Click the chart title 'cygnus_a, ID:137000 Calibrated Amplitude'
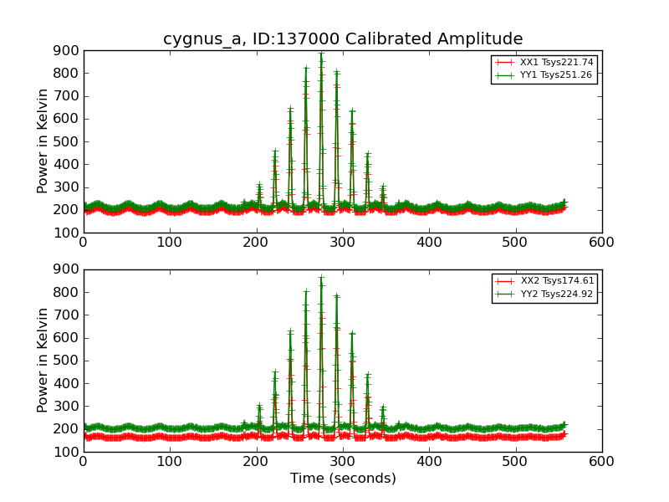(343, 39)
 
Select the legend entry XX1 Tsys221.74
(556, 62)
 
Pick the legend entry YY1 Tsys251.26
(556, 74)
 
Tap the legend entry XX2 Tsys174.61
(556, 281)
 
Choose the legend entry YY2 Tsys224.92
(556, 294)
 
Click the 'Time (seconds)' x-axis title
(343, 479)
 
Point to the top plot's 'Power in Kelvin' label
(43, 141)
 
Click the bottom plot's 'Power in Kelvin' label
(43, 360)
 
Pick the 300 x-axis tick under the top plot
(343, 243)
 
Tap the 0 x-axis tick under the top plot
(84, 243)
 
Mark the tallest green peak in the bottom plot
(321, 277)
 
